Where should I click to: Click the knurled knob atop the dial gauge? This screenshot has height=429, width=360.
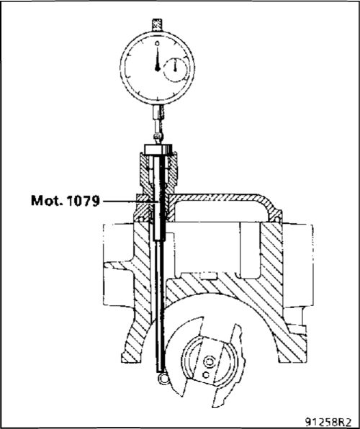157,25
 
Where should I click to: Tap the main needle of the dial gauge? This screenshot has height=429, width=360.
158,59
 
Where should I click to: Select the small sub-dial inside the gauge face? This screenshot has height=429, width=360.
176,70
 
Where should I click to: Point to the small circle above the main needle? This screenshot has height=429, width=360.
157,43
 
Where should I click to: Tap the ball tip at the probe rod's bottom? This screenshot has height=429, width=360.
163,378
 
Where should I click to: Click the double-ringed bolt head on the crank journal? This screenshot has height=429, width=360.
209,362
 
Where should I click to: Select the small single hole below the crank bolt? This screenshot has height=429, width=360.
206,374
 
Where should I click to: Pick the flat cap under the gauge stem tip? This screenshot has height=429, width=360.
158,150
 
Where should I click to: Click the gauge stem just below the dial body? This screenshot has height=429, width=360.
158,112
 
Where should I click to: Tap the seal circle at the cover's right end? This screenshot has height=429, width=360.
278,219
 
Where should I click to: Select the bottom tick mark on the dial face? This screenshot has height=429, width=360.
157,98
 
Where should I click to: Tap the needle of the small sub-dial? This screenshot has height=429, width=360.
175,66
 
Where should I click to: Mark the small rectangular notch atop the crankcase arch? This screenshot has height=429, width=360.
208,276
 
